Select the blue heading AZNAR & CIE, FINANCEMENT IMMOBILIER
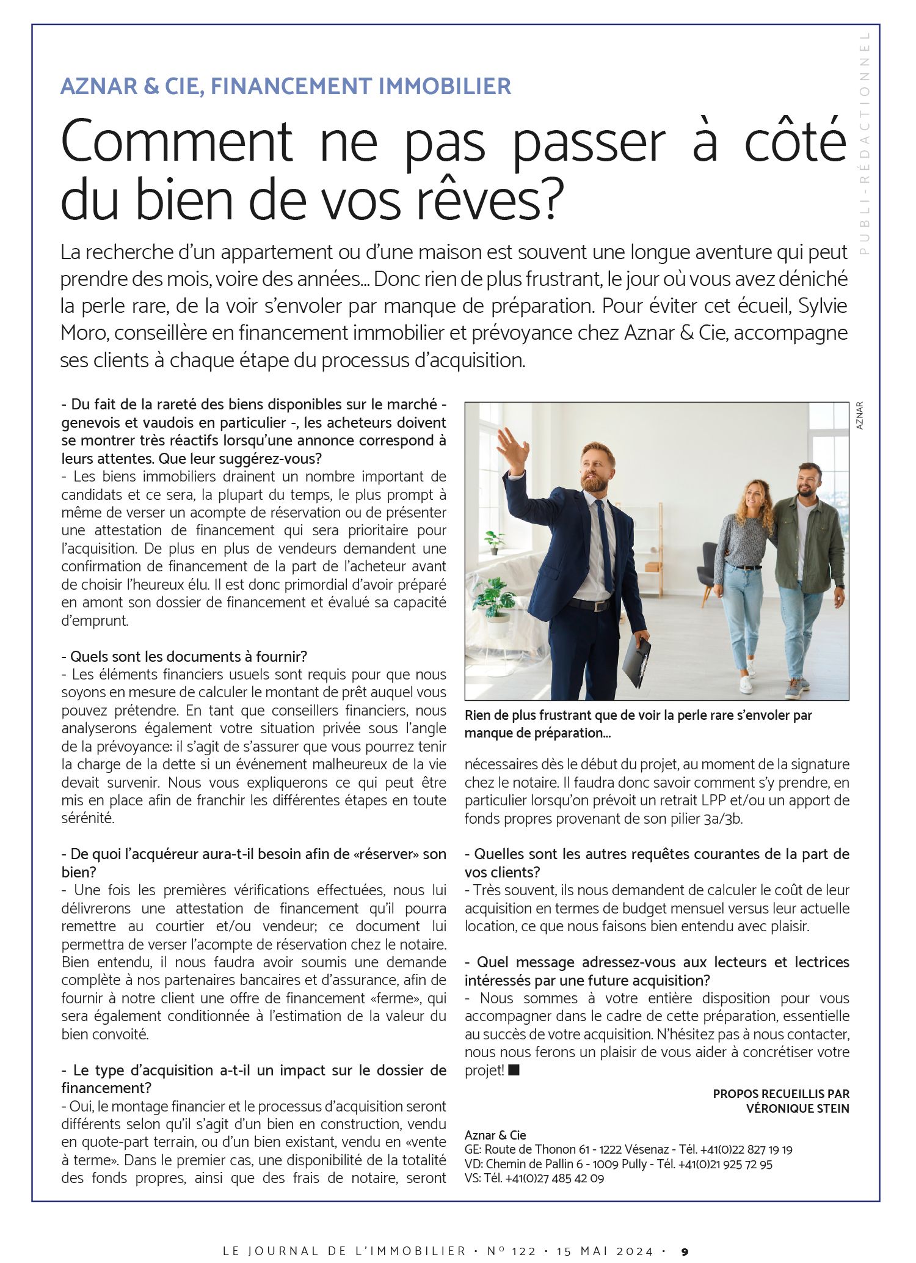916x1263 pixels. [x=285, y=86]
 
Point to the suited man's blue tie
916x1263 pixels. [x=604, y=544]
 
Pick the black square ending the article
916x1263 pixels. [x=514, y=1070]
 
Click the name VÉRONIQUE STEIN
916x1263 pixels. [x=798, y=1108]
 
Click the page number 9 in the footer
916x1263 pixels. [x=685, y=1251]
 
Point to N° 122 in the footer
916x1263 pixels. [x=511, y=1251]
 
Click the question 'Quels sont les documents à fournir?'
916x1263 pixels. [x=184, y=656]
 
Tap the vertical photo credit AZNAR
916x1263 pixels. [x=859, y=415]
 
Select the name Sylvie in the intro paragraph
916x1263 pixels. [x=823, y=306]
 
